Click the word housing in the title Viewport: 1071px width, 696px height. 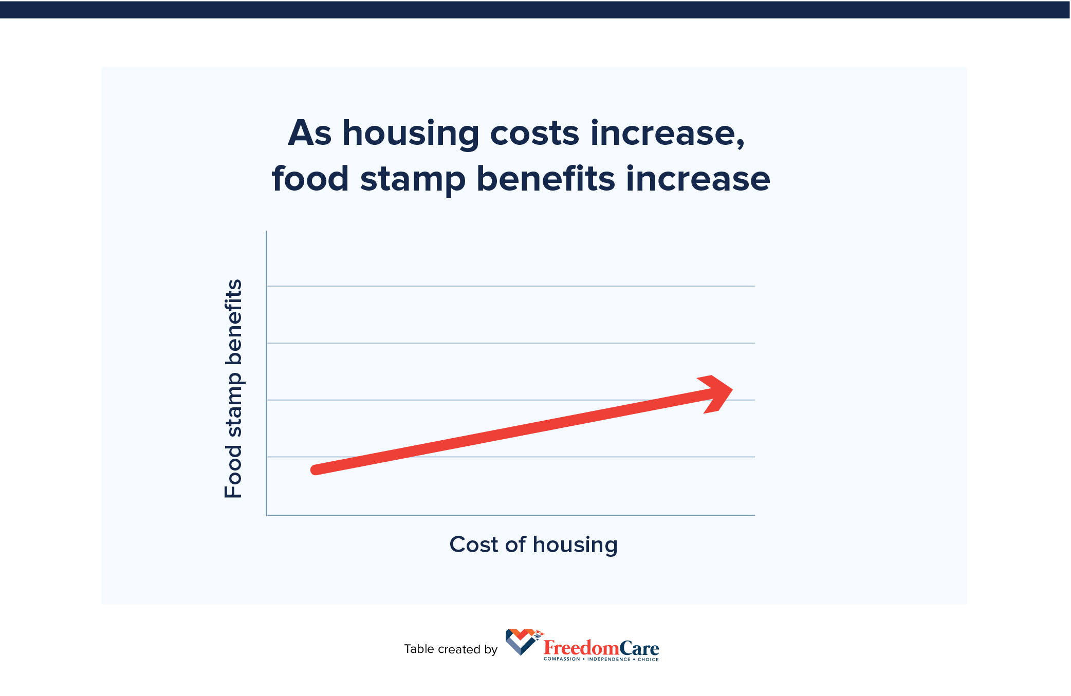411,134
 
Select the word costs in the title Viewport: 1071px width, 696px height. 534,134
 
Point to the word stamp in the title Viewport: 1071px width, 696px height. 413,180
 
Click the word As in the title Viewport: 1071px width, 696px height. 309,134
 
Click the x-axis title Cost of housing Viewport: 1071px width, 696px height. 533,545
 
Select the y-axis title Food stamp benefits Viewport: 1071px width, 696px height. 233,389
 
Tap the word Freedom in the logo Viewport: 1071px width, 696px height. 581,648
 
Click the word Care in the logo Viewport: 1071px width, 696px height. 639,648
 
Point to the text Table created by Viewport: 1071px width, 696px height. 451,649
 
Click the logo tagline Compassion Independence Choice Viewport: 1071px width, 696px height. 601,659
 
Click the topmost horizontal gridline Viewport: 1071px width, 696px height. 511,286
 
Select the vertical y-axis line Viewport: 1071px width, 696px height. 266,373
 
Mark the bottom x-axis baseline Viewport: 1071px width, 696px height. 511,515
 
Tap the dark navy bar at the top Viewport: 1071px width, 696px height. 535,10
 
